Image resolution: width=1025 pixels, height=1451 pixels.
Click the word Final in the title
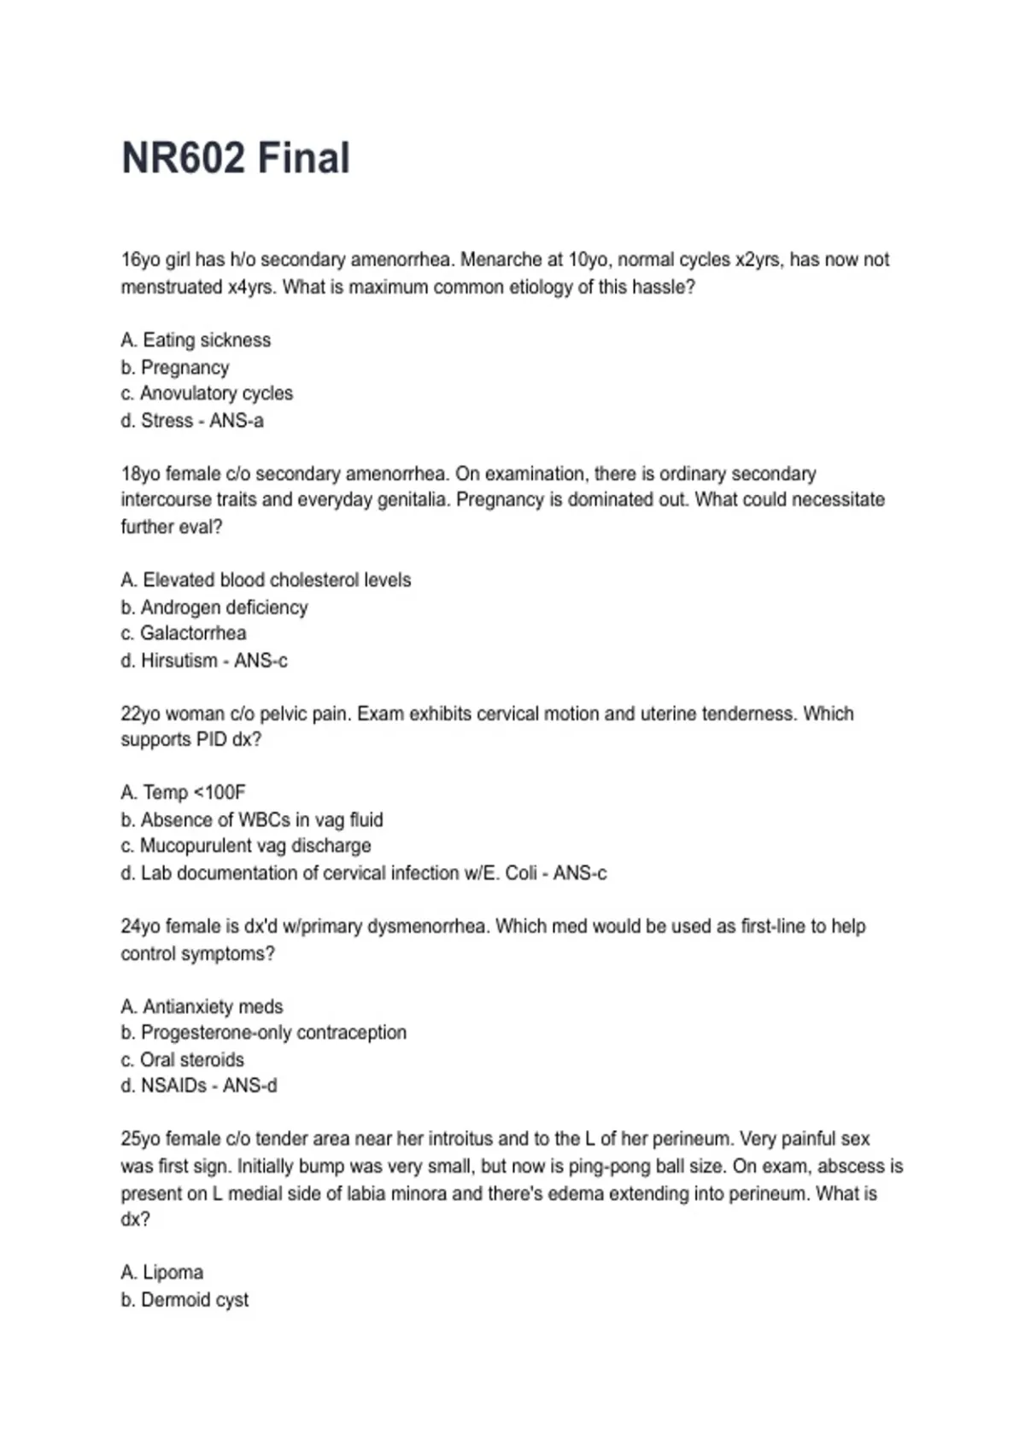click(303, 158)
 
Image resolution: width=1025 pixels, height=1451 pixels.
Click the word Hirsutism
click(179, 661)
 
